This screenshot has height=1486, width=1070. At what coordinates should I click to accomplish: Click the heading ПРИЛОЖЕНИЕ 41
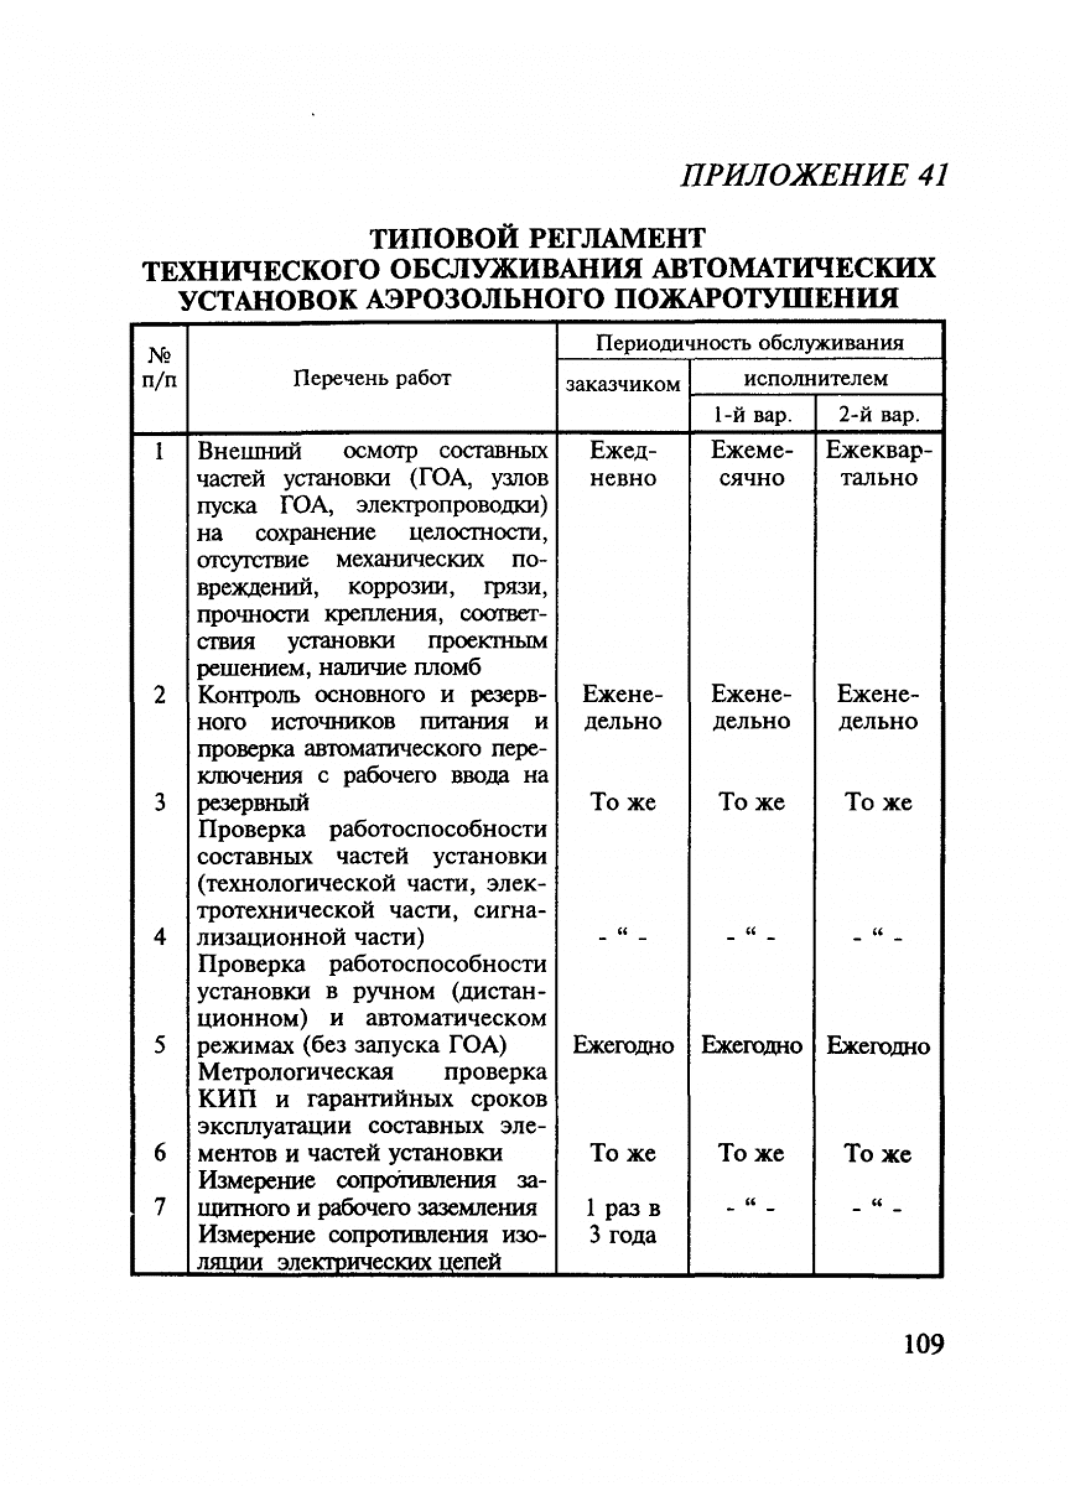tap(814, 175)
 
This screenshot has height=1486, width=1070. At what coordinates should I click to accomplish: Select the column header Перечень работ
tap(372, 378)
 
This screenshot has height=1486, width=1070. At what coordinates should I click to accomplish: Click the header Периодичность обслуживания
tap(750, 342)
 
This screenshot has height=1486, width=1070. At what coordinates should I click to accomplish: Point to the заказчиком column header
tap(622, 385)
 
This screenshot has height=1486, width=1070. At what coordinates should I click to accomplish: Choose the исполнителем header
tap(816, 378)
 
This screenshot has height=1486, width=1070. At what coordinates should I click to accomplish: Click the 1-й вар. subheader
tap(752, 415)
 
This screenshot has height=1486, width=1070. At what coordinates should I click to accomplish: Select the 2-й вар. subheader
tap(879, 415)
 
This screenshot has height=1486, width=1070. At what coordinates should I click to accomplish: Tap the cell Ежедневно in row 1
tap(622, 464)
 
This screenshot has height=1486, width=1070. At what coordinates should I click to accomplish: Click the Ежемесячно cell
tap(752, 464)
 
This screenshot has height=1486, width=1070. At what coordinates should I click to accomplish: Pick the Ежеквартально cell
tap(879, 464)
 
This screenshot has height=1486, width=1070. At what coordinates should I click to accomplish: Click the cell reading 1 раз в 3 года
tap(622, 1221)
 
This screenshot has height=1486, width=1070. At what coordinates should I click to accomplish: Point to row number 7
tap(159, 1207)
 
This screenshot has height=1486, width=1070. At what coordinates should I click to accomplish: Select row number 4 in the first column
tap(159, 937)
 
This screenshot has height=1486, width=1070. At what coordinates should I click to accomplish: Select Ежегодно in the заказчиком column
tap(622, 1046)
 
